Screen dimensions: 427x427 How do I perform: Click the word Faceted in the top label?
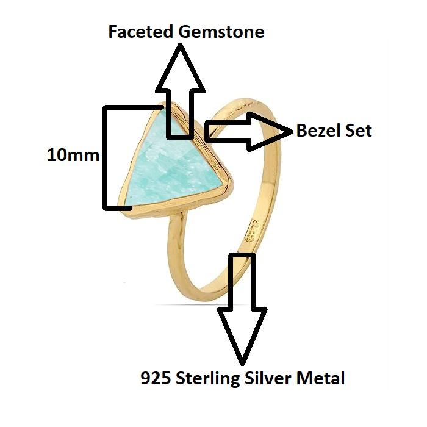142,32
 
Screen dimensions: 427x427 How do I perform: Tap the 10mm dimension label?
73,155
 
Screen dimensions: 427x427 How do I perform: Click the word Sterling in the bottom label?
207,379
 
